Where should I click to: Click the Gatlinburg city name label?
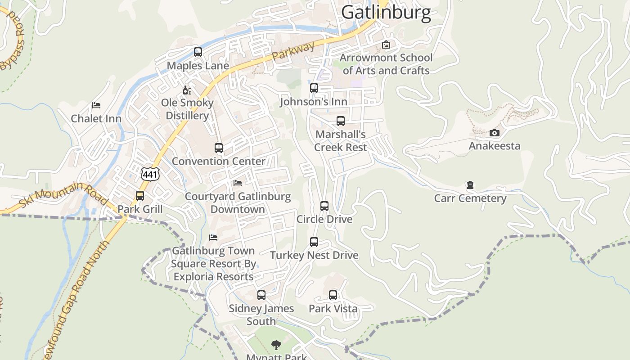coord(386,13)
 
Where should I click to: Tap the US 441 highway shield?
coord(150,174)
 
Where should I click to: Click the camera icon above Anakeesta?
coord(495,133)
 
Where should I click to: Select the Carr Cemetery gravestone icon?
coord(470,185)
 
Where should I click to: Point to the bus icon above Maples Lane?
coord(198,52)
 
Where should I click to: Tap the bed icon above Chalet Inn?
coord(96,105)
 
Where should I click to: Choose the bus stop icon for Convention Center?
coord(219,148)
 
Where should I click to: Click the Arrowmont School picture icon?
coord(386,45)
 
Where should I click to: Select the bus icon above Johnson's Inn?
coord(314,88)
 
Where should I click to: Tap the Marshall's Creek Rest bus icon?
coord(341,121)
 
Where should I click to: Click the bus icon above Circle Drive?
coord(324,206)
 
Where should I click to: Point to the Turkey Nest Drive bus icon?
coord(314,242)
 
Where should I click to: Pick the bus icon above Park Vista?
coord(333,295)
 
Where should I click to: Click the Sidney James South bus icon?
coord(261,295)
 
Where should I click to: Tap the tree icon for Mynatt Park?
coord(276,345)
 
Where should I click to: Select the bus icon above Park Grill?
coord(140,196)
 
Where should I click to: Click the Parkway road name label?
coord(293,51)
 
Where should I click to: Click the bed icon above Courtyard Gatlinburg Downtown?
coord(238,183)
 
